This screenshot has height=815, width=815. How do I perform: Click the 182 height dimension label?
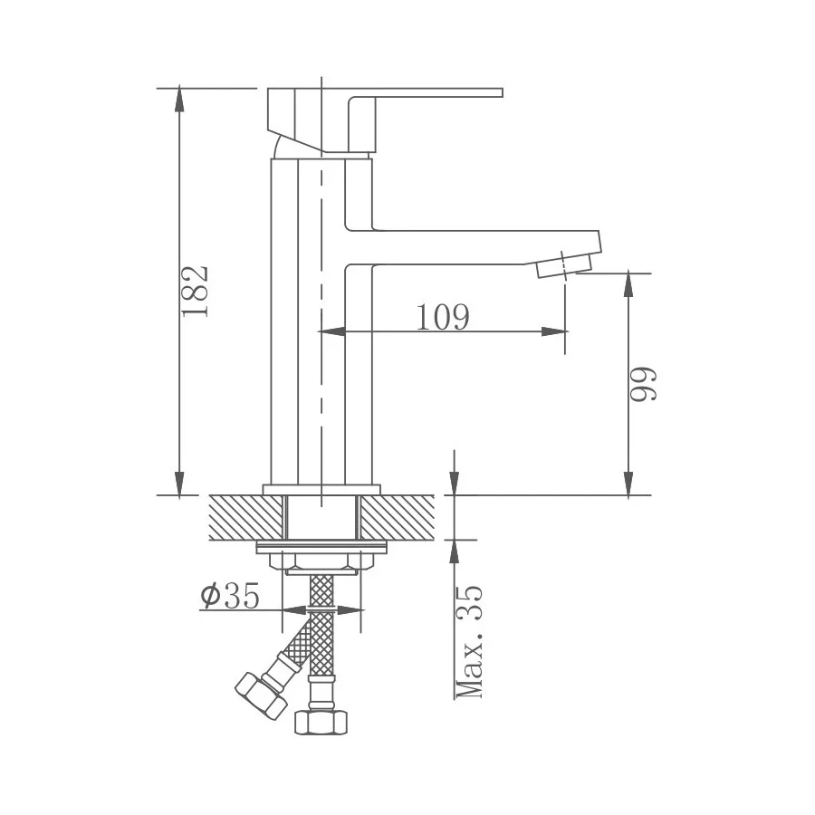coord(196,291)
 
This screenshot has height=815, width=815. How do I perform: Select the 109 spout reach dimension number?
coord(443,317)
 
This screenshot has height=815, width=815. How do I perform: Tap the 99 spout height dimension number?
coord(642,384)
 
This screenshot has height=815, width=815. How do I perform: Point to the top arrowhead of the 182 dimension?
coord(179,96)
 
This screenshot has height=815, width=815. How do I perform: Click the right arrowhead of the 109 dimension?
coord(559,332)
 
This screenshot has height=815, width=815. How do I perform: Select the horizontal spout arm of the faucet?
coord(471,247)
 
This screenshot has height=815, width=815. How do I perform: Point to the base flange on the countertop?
coord(322,490)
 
